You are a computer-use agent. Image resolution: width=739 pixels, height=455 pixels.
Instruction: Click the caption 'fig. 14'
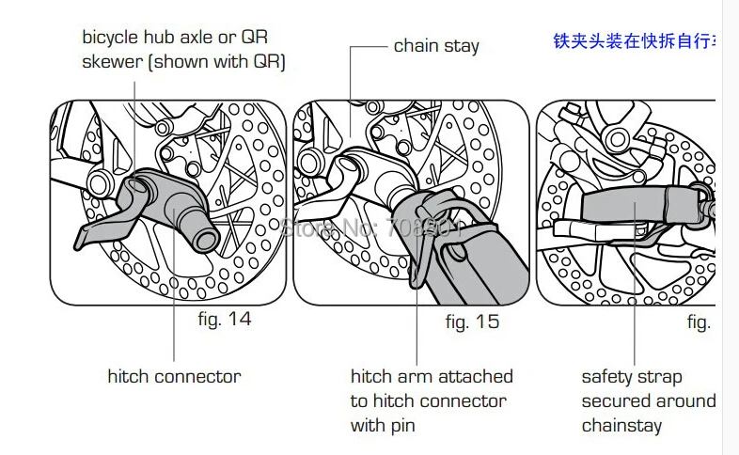225,319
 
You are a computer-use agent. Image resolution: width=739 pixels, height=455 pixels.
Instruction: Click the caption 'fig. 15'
472,322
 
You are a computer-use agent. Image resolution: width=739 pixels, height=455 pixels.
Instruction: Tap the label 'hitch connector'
174,377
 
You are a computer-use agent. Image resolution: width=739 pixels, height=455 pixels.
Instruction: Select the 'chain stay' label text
436,45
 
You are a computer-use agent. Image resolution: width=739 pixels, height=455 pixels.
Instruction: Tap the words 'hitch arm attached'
432,377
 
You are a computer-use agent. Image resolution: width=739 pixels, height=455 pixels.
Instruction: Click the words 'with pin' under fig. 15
383,425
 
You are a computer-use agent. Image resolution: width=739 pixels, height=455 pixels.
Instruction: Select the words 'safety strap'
632,377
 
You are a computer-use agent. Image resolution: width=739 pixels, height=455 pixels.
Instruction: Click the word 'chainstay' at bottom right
621,425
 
